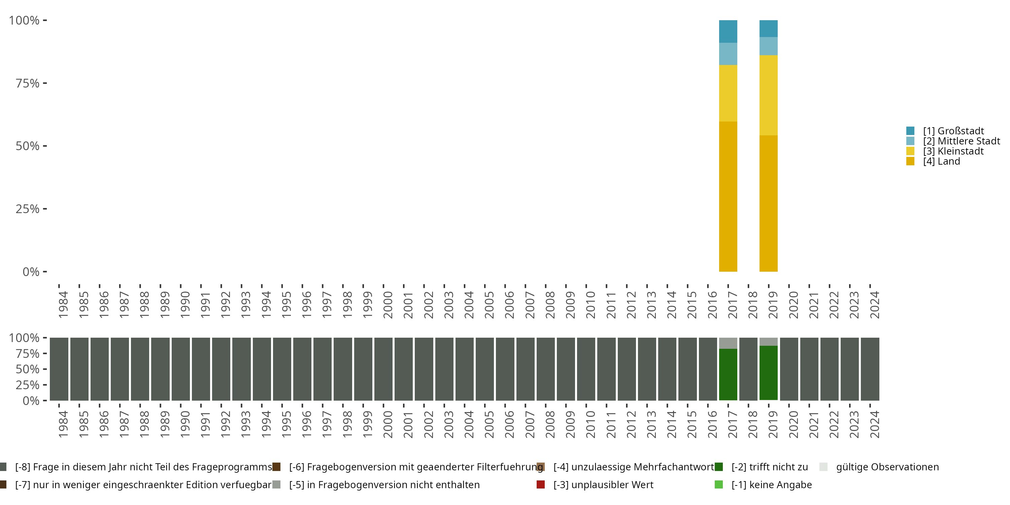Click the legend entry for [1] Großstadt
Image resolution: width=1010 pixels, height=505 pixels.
[953, 131]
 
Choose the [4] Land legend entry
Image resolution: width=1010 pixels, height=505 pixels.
[941, 162]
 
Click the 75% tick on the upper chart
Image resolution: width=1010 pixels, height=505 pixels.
[28, 83]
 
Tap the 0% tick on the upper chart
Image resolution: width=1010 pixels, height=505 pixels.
[31, 272]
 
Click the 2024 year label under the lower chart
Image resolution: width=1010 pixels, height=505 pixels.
[874, 424]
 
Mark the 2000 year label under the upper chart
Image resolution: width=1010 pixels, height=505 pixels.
[388, 305]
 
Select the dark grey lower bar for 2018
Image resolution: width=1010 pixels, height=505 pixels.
[748, 369]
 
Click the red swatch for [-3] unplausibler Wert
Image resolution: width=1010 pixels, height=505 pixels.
[541, 484]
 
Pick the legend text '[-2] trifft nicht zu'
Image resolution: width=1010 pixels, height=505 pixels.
[769, 467]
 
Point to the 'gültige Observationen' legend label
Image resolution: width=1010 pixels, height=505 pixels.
[887, 467]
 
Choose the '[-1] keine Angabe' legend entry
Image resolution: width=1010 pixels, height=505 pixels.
[771, 484]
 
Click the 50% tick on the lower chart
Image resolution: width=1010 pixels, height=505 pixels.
[28, 369]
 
